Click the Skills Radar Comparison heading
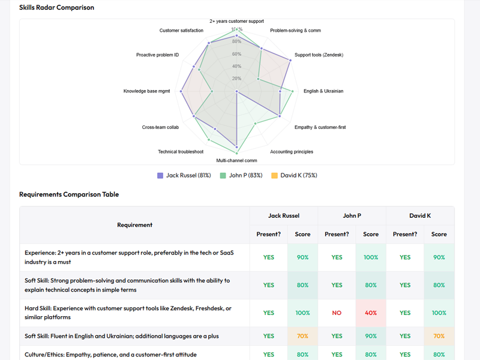pos(56,8)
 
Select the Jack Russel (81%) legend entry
pos(184,175)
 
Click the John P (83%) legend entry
pos(241,175)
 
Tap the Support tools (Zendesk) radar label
pos(319,55)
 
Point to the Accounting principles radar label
pos(292,152)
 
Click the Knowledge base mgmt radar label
pos(146,91)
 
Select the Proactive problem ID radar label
pos(157,55)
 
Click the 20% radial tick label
pos(237,79)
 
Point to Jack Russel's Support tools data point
pos(290,60)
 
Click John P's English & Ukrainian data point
pos(292,91)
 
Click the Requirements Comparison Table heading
pos(69,194)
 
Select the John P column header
pos(352,215)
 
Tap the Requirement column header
pos(135,225)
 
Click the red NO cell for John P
pos(337,313)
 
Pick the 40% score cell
pos(371,313)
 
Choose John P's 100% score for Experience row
pos(371,257)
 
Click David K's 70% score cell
pos(439,336)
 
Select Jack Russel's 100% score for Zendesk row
pos(302,313)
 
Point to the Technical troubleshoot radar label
pos(181,152)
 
